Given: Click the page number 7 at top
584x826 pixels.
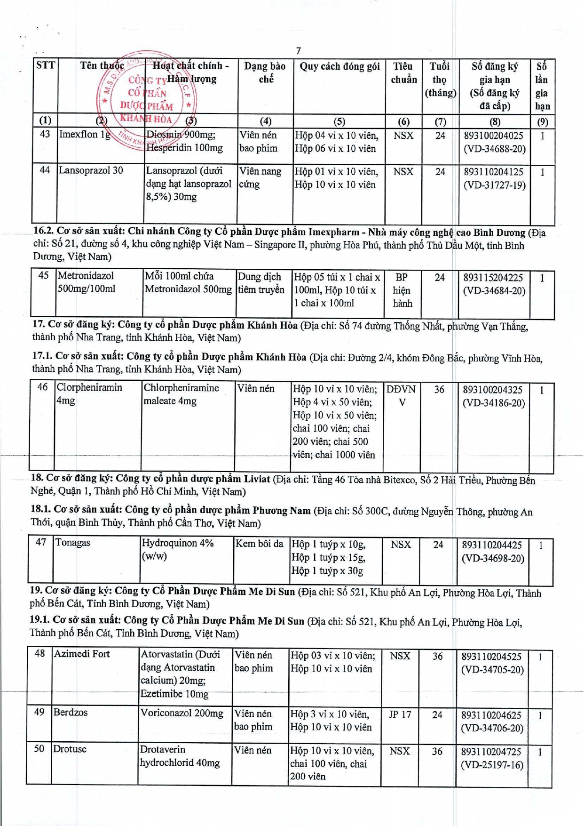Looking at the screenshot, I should pyautogui.click(x=299, y=51).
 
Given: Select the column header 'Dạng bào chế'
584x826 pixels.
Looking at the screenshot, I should pyautogui.click(x=265, y=72).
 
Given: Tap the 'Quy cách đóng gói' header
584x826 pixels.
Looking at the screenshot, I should pyautogui.click(x=339, y=66).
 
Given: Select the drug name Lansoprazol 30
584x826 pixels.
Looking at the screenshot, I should pyautogui.click(x=91, y=170).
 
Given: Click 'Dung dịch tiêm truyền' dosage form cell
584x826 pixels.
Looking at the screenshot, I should pyautogui.click(x=261, y=283).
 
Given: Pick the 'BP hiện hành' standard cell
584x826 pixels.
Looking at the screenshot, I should pyautogui.click(x=402, y=290).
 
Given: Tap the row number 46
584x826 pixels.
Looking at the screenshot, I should pyautogui.click(x=42, y=387).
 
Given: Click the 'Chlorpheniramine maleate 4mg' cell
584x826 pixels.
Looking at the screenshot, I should pyautogui.click(x=181, y=394).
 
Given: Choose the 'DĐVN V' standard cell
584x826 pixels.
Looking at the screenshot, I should pyautogui.click(x=401, y=396).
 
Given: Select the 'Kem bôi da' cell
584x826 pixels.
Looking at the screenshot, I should pyautogui.click(x=259, y=544).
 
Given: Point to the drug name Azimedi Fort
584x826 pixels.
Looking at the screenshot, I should pyautogui.click(x=82, y=654).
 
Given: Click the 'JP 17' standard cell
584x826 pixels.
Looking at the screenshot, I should pyautogui.click(x=400, y=714).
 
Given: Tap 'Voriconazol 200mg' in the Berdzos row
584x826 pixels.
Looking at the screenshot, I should pyautogui.click(x=182, y=713).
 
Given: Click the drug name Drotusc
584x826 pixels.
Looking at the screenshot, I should pyautogui.click(x=70, y=749).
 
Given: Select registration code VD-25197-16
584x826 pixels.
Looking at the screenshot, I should pyautogui.click(x=492, y=765).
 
